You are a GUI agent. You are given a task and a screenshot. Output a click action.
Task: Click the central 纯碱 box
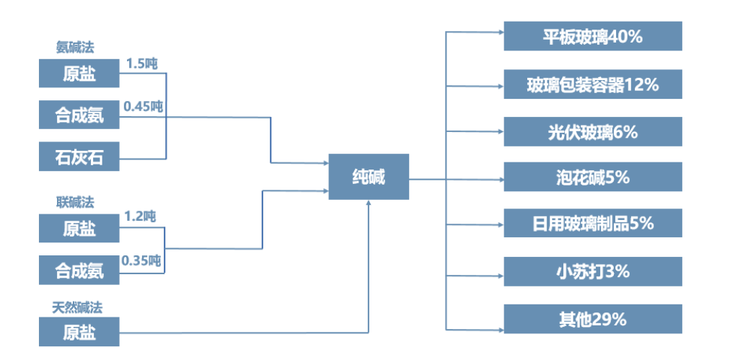click(369, 177)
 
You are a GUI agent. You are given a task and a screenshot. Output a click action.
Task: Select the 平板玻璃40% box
click(592, 36)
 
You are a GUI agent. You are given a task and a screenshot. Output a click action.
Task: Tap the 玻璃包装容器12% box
click(592, 84)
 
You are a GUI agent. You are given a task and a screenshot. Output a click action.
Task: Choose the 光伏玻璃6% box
click(592, 132)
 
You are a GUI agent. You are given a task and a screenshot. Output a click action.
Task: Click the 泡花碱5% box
click(592, 177)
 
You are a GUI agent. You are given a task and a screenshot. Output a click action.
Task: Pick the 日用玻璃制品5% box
click(592, 224)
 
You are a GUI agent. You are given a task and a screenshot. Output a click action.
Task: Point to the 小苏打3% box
click(592, 271)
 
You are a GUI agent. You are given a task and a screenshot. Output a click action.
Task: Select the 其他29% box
click(592, 319)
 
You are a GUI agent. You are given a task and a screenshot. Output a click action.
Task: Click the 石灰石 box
click(79, 157)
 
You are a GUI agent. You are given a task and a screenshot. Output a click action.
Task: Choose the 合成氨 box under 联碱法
click(79, 271)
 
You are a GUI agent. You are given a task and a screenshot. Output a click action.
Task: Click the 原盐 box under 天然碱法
click(79, 333)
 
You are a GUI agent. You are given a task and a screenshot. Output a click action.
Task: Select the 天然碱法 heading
click(77, 307)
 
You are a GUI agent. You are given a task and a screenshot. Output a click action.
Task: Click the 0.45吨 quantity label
click(143, 107)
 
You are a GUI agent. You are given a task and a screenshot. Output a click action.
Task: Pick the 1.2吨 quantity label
click(140, 216)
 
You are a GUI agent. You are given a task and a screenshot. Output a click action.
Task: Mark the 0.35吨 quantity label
click(141, 259)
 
